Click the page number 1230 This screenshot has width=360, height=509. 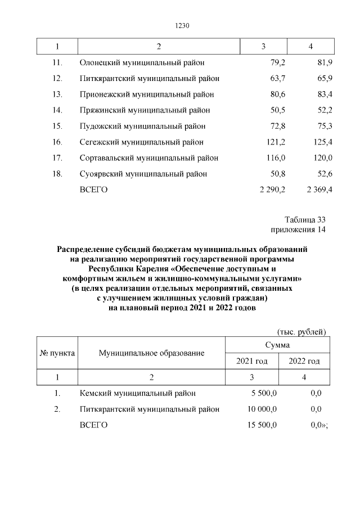[x=180, y=25]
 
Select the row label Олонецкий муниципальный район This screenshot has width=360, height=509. [x=142, y=62]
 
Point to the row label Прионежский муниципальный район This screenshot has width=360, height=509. [x=147, y=94]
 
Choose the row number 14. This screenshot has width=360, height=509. [x=57, y=110]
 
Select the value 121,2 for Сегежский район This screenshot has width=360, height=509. [x=274, y=142]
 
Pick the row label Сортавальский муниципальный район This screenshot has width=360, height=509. [x=149, y=158]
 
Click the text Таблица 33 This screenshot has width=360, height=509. [x=305, y=219]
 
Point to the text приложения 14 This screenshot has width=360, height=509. [x=298, y=229]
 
